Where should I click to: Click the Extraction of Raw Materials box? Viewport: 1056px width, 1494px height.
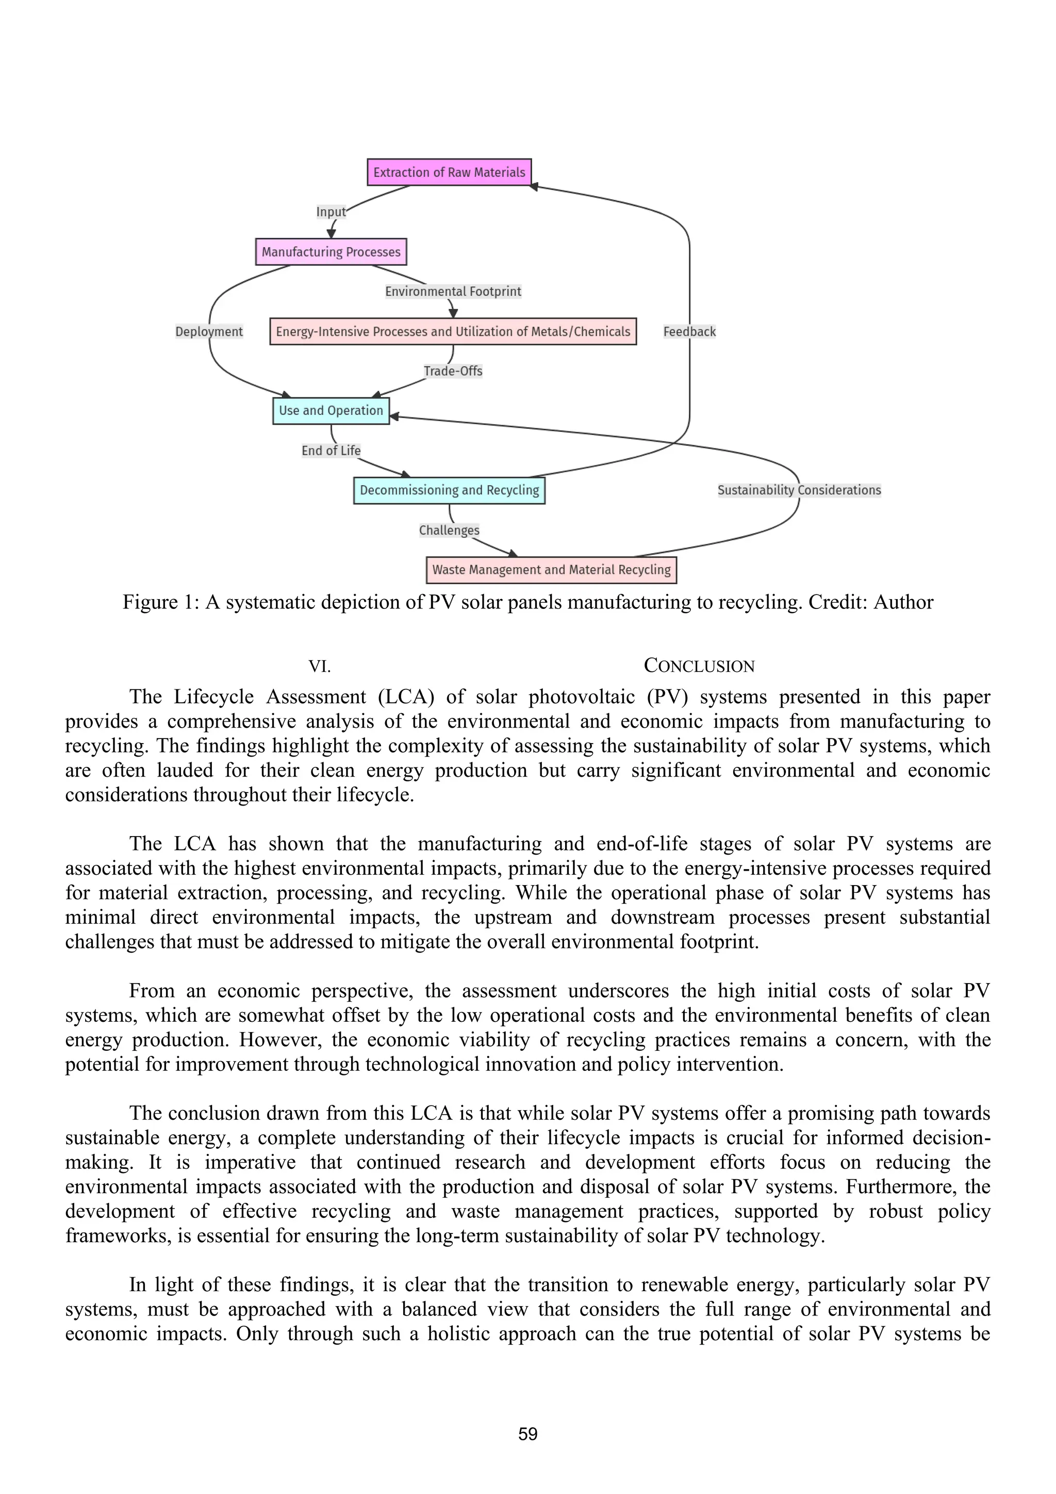tap(449, 172)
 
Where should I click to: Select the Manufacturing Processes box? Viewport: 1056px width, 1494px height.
tap(331, 252)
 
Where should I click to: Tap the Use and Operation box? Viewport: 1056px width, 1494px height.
tap(331, 411)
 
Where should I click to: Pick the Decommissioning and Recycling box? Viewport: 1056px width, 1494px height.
tap(449, 490)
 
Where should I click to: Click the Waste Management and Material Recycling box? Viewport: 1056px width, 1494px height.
tap(551, 570)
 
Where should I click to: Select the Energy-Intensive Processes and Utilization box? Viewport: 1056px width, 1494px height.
tap(453, 331)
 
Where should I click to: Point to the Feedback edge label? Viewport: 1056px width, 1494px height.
tap(689, 331)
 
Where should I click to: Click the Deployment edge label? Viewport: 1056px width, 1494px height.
tap(209, 331)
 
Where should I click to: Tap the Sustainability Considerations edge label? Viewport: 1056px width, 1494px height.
tap(799, 490)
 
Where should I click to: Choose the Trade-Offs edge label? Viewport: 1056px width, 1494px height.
tap(453, 371)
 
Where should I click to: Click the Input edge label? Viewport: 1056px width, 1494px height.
tap(331, 212)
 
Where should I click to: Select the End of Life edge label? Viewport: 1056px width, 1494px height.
tap(331, 451)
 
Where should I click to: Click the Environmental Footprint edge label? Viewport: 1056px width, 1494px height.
tap(453, 292)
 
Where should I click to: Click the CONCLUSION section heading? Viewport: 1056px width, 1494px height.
tap(699, 666)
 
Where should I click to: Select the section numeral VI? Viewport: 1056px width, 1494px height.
tap(319, 666)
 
